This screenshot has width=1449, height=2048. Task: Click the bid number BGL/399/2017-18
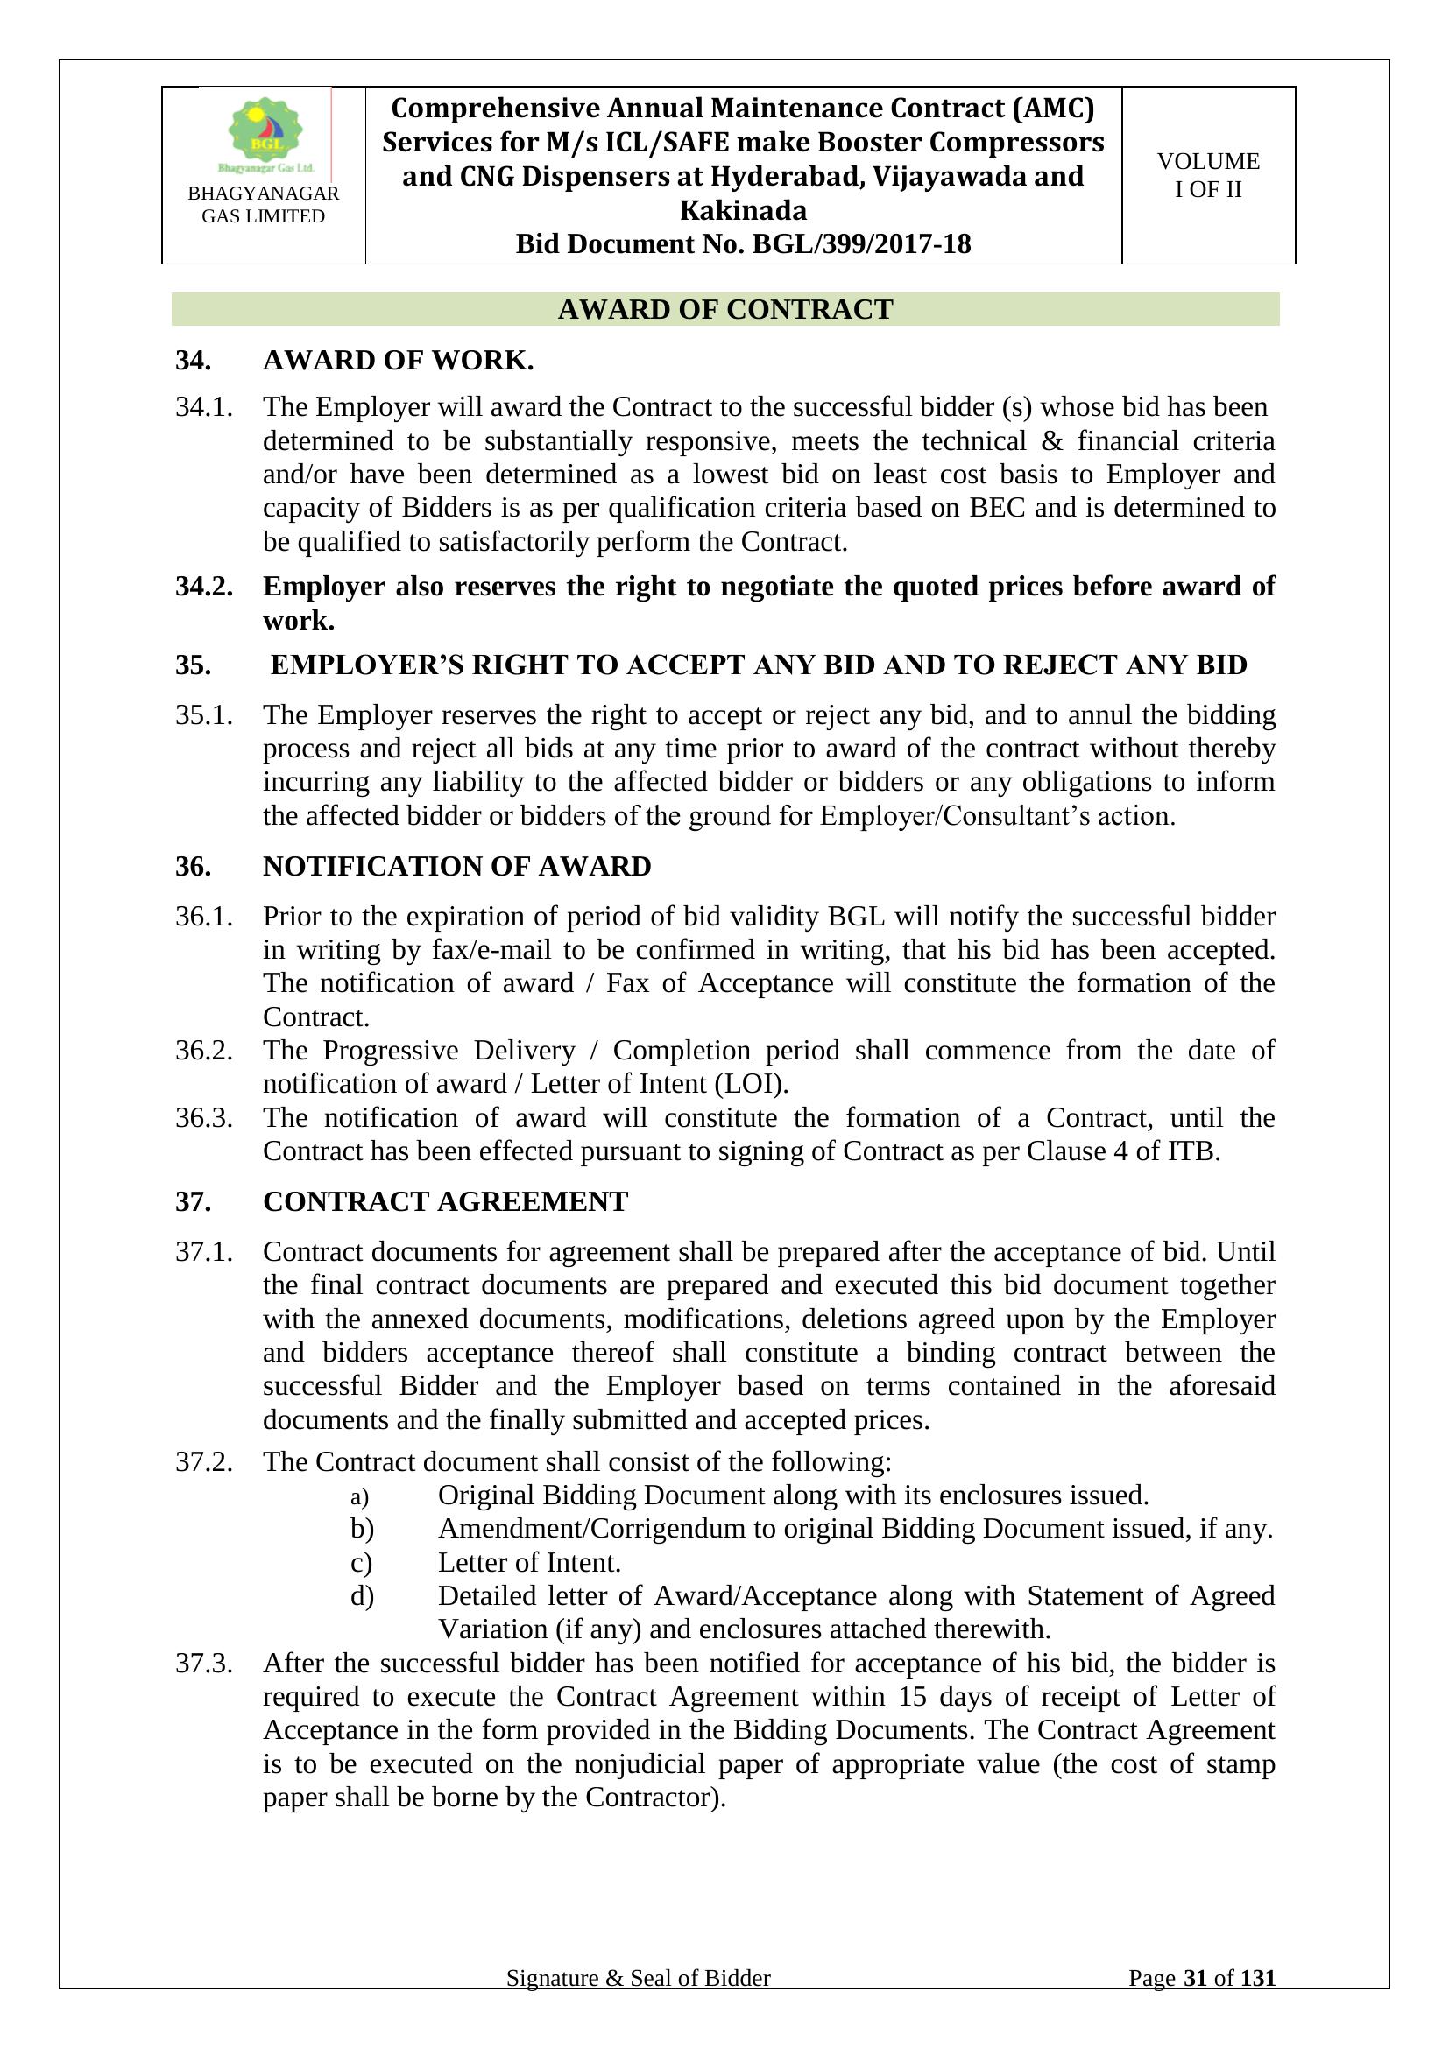[861, 243]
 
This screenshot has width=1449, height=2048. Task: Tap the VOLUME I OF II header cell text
[1208, 175]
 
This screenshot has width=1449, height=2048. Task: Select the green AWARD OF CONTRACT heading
[724, 309]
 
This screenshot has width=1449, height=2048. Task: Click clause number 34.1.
[204, 407]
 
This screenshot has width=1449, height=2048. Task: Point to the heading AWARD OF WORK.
[398, 361]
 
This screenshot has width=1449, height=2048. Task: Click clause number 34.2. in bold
[204, 586]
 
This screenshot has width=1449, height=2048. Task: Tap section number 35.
[193, 665]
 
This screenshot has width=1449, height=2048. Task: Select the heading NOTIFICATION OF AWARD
[456, 866]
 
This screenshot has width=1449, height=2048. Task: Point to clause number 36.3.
[204, 1117]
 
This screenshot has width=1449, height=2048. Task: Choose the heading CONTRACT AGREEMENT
[445, 1201]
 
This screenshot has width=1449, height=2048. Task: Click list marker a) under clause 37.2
[359, 1496]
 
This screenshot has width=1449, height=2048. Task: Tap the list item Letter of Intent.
[529, 1563]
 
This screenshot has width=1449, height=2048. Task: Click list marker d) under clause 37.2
[361, 1596]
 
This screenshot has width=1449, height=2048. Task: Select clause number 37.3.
[204, 1664]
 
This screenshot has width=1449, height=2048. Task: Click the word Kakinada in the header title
[742, 210]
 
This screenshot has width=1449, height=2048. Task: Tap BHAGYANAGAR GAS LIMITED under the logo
[263, 204]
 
